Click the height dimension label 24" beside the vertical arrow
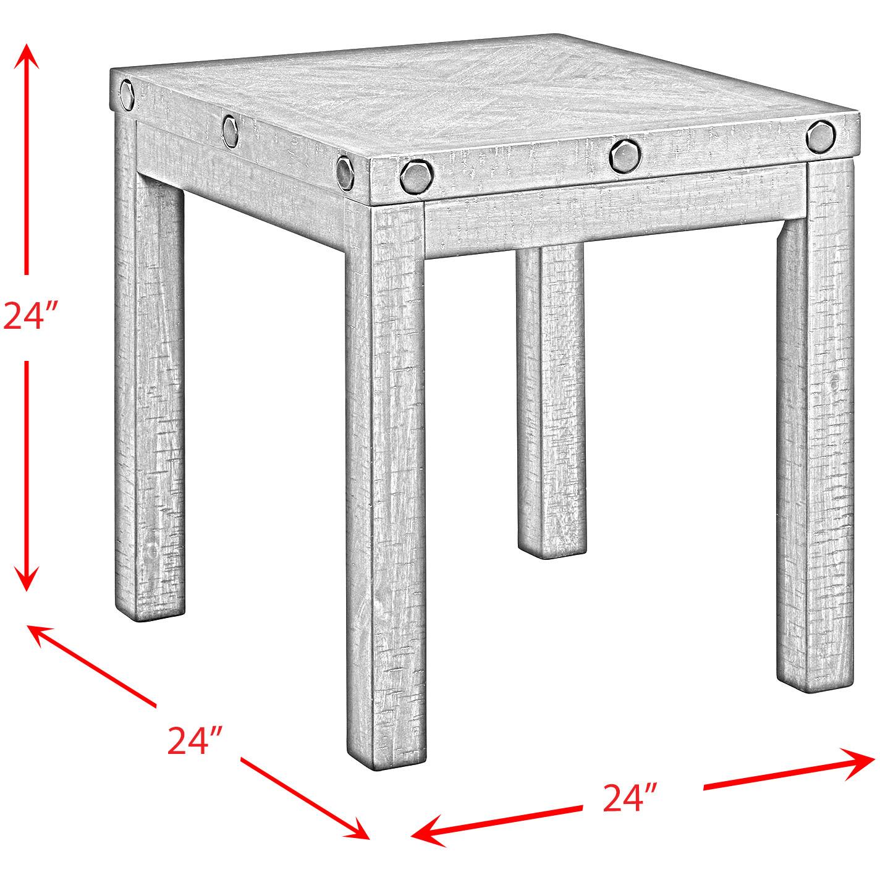coord(30,316)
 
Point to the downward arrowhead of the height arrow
coord(27,578)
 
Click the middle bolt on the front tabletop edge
coord(624,156)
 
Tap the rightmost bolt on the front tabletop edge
coord(821,137)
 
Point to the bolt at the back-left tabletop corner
coord(127,95)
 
